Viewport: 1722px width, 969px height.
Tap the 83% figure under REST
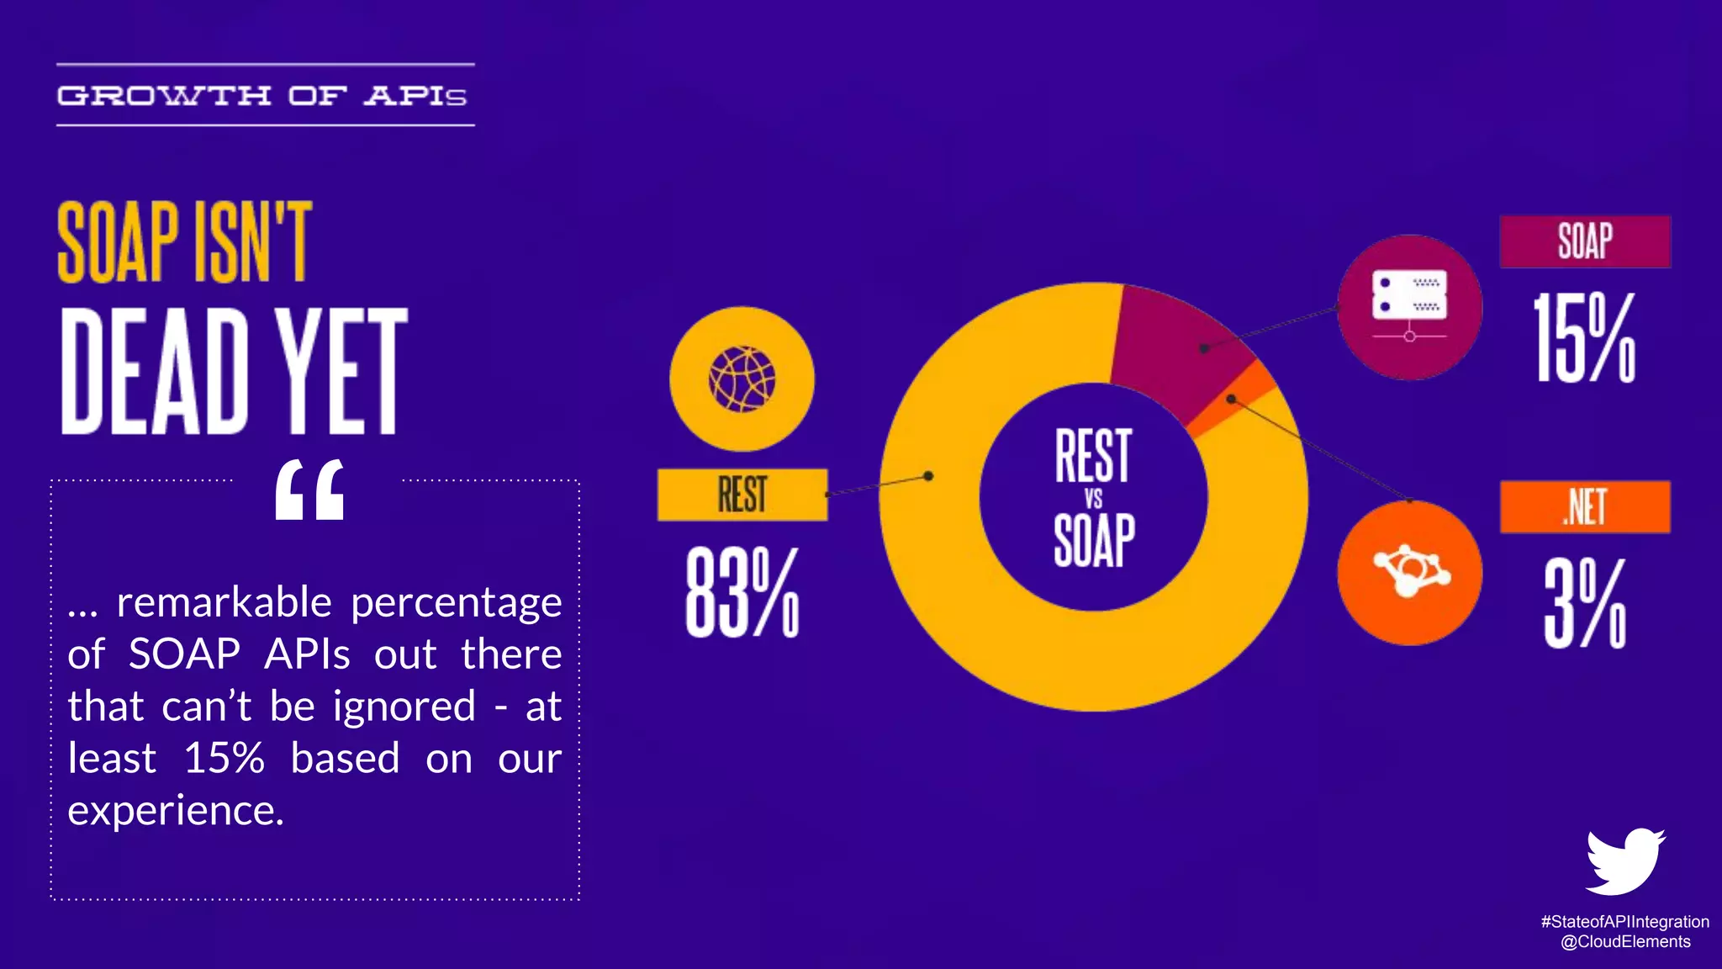pyautogui.click(x=742, y=592)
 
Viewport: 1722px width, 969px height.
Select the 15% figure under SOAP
pyautogui.click(x=1585, y=338)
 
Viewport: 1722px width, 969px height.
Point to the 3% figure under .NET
pyautogui.click(x=1585, y=604)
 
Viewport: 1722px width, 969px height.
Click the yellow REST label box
pyautogui.click(x=742, y=495)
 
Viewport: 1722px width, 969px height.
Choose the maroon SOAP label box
pyautogui.click(x=1585, y=242)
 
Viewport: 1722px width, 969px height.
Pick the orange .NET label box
pyautogui.click(x=1585, y=507)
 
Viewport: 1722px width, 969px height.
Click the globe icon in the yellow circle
pyautogui.click(x=742, y=379)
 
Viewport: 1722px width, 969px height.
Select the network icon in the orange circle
pyautogui.click(x=1410, y=574)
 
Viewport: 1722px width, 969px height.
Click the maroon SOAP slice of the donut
pyautogui.click(x=1177, y=345)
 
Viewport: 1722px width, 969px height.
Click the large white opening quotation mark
pyautogui.click(x=309, y=490)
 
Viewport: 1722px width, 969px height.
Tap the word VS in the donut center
pyautogui.click(x=1093, y=499)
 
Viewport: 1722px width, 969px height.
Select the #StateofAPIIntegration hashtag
pyautogui.click(x=1624, y=922)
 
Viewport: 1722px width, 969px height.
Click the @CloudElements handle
pyautogui.click(x=1624, y=942)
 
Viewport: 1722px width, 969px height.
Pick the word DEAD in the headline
pyautogui.click(x=156, y=371)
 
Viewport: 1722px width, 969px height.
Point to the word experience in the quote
pyautogui.click(x=175, y=811)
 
